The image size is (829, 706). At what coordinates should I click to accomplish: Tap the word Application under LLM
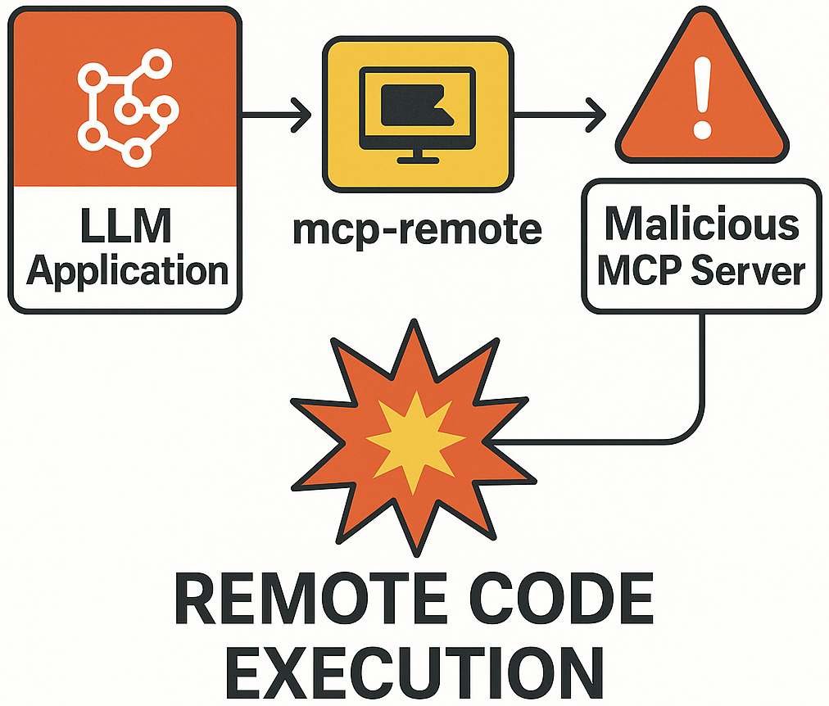click(x=127, y=270)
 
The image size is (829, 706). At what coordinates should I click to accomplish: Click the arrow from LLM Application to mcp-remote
click(x=279, y=112)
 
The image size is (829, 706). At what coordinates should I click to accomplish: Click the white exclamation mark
click(x=702, y=90)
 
